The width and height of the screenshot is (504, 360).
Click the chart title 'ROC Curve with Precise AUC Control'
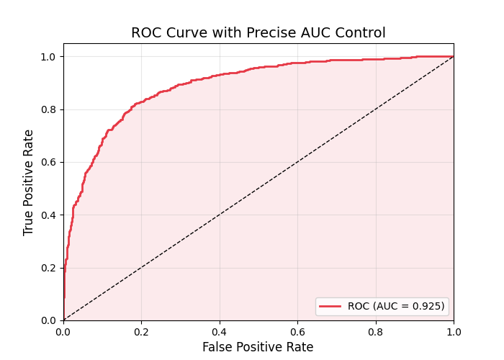(x=258, y=33)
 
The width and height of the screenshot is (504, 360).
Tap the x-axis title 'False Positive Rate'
(x=258, y=347)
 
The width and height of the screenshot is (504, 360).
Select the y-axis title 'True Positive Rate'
(x=29, y=182)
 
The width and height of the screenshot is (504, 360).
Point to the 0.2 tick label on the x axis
(x=141, y=333)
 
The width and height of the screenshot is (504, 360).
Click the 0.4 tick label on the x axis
(x=220, y=333)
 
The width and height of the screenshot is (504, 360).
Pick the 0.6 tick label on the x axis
(x=297, y=333)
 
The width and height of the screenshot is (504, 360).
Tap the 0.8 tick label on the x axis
(x=376, y=333)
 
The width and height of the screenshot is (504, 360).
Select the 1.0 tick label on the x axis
(x=454, y=333)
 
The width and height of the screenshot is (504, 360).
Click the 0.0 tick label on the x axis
(x=63, y=333)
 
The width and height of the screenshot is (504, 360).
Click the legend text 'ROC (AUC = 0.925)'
(x=396, y=306)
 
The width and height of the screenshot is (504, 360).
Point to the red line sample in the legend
(x=330, y=306)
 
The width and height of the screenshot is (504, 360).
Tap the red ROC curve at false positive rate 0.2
(x=141, y=102)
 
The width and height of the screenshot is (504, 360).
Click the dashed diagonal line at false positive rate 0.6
(x=297, y=162)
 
